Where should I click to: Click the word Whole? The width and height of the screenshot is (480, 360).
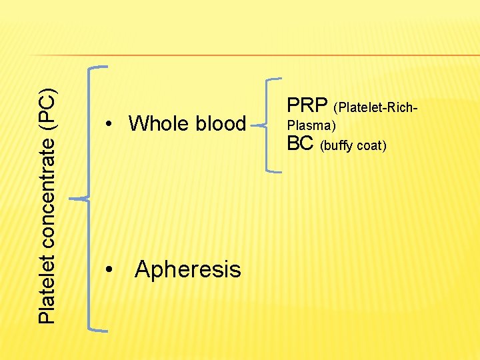coord(157,123)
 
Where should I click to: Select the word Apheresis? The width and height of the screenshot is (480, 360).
coord(187,269)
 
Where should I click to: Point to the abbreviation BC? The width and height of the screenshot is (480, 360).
coord(301,143)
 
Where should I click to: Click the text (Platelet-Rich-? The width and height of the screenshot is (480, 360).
coord(377,107)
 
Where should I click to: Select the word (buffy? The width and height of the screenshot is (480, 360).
coord(337,145)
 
